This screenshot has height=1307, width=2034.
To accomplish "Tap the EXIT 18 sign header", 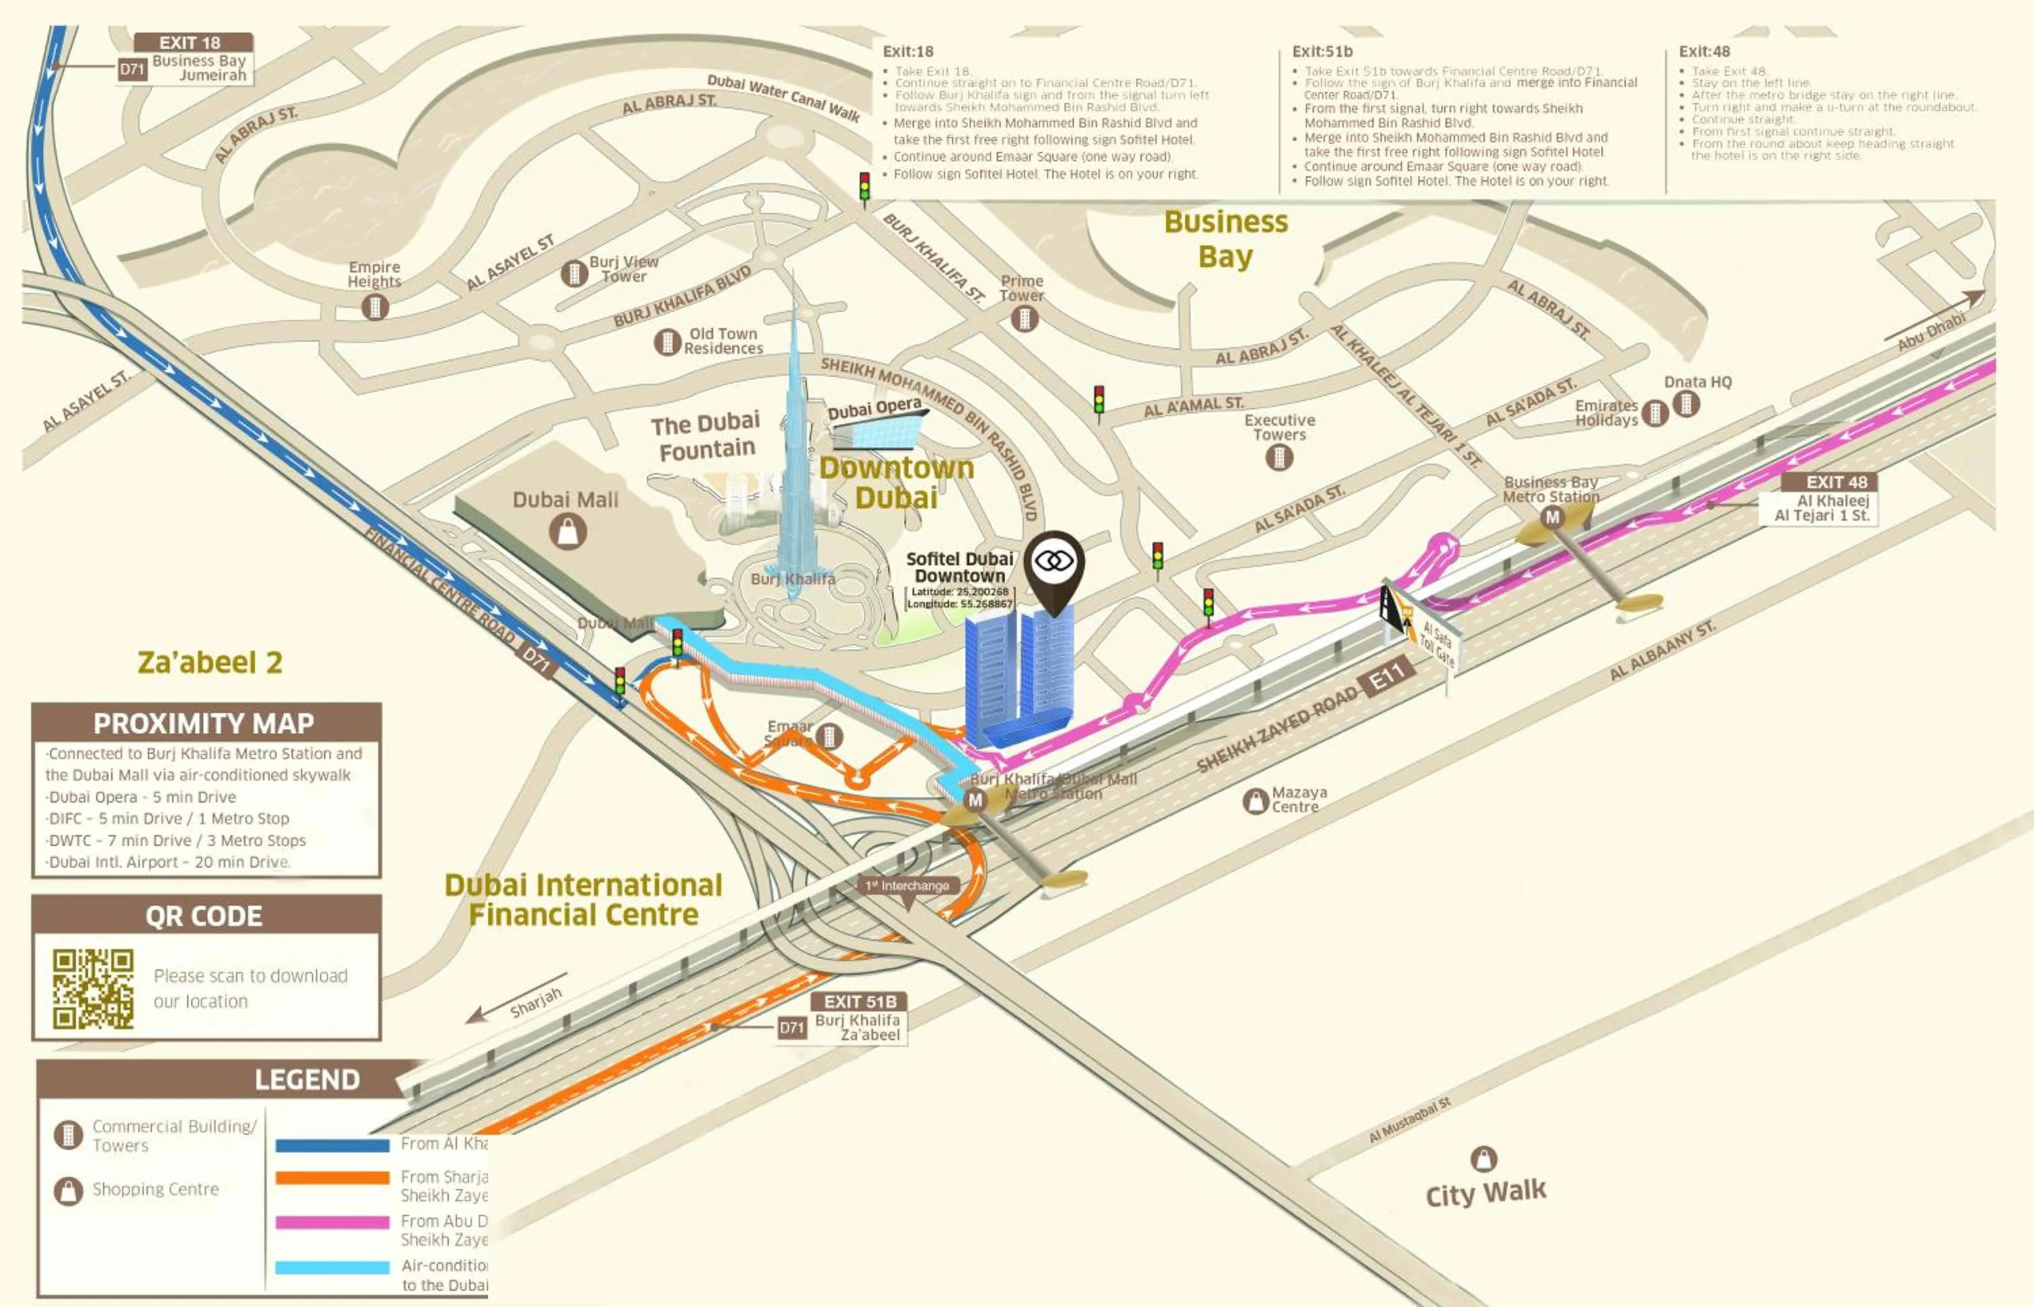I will point(192,43).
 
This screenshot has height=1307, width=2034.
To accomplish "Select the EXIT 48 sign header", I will point(1835,482).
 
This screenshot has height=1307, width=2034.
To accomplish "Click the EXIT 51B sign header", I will point(859,1001).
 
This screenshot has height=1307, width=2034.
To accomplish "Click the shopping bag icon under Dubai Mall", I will point(567,532).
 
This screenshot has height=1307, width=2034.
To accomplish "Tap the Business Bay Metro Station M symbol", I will point(1552,517).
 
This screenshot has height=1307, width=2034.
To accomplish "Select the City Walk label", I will point(1485,1192).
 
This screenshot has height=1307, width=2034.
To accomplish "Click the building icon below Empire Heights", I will point(374,306).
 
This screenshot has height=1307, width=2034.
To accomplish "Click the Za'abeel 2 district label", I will point(210,662).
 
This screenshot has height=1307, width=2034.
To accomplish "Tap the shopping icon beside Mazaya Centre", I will point(1255,801).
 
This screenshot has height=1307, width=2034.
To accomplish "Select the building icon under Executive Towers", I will point(1279,458).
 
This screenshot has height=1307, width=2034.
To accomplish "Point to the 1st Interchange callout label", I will point(907,885).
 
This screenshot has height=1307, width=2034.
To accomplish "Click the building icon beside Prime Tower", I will point(1024,319).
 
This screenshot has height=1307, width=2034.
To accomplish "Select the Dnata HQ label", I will point(1697,382).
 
